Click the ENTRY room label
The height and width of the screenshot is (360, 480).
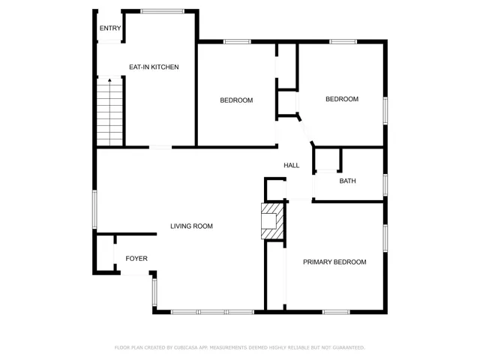click(110, 28)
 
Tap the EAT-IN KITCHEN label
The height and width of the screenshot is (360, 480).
click(154, 67)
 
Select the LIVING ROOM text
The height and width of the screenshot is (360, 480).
click(191, 226)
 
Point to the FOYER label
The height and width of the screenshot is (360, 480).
click(136, 259)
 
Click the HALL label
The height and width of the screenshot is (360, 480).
click(292, 165)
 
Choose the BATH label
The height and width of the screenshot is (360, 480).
click(347, 181)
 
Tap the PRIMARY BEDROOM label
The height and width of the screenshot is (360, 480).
click(334, 262)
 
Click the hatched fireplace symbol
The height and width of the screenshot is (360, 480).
click(272, 220)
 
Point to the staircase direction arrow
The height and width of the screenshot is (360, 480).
click(109, 81)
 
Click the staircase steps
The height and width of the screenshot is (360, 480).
click(109, 112)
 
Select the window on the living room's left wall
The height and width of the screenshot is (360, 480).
click(95, 208)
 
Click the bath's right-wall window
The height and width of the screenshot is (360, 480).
click(385, 184)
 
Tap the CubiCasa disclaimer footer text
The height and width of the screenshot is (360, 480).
click(239, 347)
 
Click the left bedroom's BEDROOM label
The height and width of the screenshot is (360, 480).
click(236, 100)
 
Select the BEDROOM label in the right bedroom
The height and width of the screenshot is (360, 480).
click(342, 99)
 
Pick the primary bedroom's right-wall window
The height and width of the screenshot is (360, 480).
click(385, 236)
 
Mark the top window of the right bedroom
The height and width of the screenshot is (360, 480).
click(343, 41)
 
